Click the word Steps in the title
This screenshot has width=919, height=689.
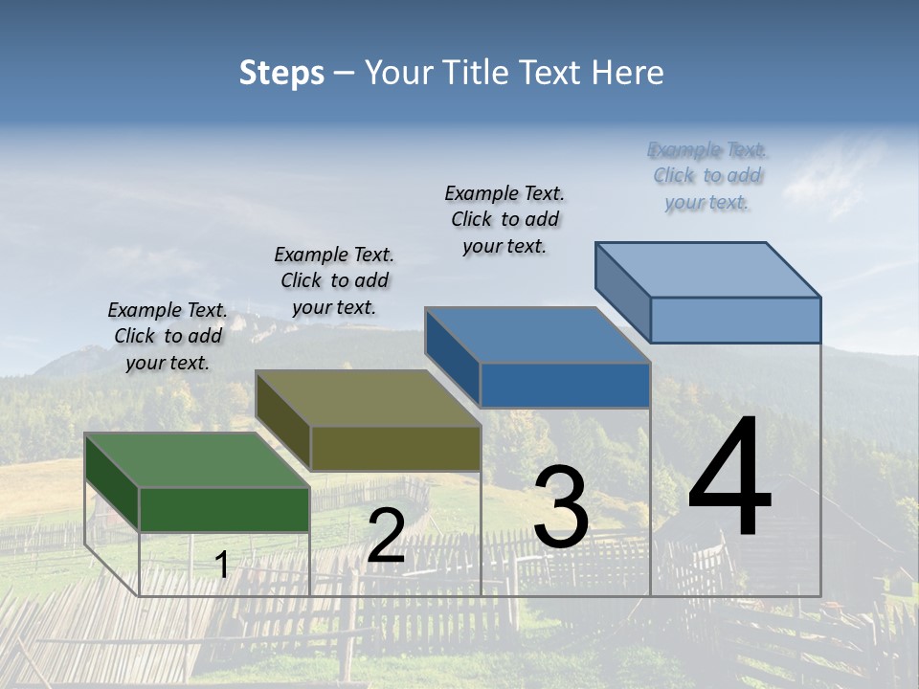point(281,73)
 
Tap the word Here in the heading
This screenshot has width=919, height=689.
point(628,73)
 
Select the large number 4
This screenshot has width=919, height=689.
point(729,478)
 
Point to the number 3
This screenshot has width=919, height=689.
point(561,507)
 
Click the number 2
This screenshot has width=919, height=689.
point(386,536)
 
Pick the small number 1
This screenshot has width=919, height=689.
point(222,565)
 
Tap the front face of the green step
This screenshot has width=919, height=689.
point(224,509)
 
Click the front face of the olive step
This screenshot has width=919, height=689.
point(395,448)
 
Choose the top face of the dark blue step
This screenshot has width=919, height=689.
point(537,335)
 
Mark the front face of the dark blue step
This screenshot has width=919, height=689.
point(565,385)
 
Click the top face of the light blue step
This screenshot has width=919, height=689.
point(707,269)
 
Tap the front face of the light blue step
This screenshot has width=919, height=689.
point(735,320)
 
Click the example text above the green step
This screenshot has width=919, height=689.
point(168,336)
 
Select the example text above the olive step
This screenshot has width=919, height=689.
point(334,280)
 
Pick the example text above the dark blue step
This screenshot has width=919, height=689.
point(504,219)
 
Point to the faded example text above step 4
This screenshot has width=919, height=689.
point(707,175)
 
